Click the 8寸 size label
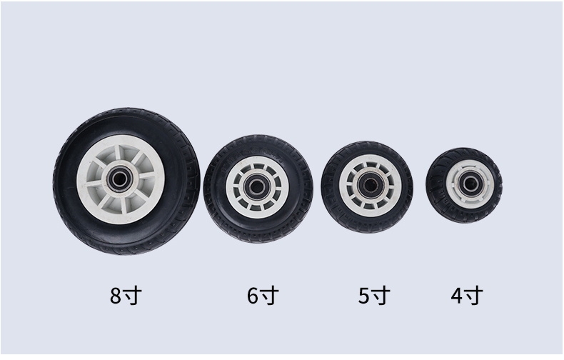point(126,296)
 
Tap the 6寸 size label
point(263,296)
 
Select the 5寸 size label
point(374,296)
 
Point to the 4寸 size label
point(467,296)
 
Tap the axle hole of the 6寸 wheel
point(257,186)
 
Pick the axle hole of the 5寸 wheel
point(370,185)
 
